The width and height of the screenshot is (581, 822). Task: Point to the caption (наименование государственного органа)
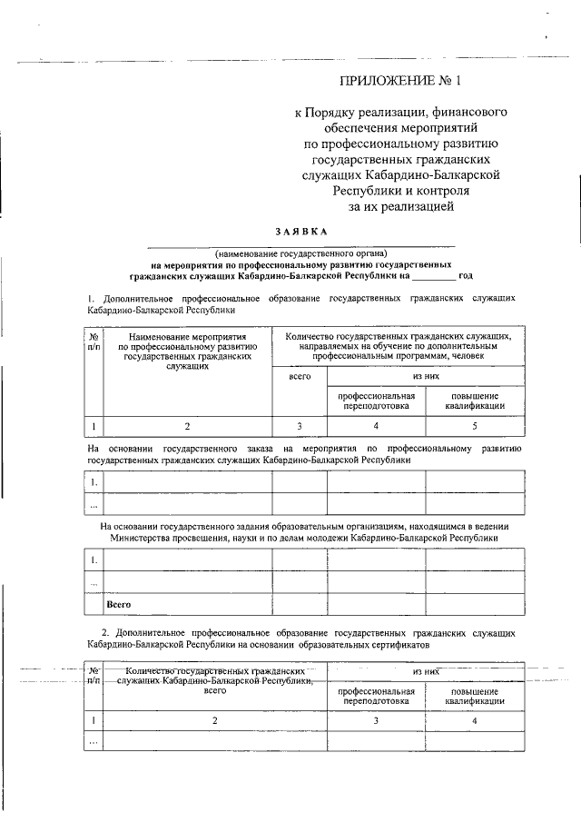(x=300, y=252)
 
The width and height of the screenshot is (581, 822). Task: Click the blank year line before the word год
(x=435, y=274)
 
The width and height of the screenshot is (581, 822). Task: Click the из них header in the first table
(x=426, y=375)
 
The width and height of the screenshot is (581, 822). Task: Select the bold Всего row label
(x=120, y=604)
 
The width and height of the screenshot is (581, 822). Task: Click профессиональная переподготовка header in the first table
(x=377, y=401)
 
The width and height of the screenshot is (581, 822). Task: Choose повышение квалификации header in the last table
(x=475, y=697)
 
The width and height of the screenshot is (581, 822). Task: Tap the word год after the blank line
(x=466, y=274)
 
